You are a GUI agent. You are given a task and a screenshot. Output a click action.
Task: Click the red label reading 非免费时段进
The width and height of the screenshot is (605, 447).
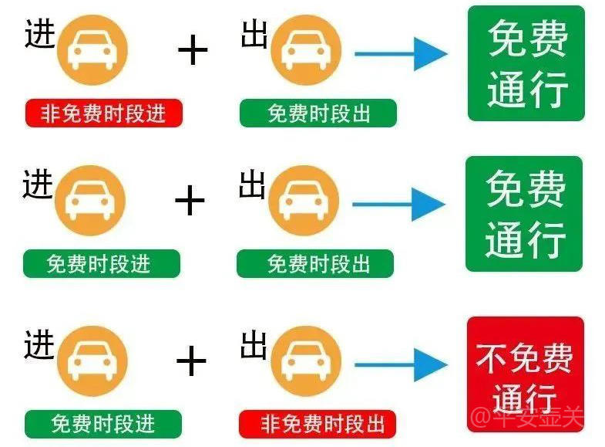click(103, 113)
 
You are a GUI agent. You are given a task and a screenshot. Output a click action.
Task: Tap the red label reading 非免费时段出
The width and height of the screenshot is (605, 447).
click(318, 424)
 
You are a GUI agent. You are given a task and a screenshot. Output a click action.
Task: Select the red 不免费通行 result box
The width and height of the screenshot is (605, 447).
click(525, 374)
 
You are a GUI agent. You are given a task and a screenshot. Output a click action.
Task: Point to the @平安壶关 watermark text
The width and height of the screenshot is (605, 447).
click(527, 416)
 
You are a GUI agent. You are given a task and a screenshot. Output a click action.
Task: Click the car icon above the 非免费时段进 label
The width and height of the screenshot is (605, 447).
click(92, 50)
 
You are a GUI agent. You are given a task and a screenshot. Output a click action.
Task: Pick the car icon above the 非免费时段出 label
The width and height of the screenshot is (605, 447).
click(306, 361)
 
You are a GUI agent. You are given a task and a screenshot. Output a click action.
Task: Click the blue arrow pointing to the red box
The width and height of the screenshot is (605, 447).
click(402, 364)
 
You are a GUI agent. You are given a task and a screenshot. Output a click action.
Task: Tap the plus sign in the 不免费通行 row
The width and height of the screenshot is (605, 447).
click(191, 361)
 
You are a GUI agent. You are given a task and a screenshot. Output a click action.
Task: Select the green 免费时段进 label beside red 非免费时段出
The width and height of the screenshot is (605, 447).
click(103, 424)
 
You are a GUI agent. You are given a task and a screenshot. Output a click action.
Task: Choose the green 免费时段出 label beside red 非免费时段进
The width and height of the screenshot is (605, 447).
click(318, 113)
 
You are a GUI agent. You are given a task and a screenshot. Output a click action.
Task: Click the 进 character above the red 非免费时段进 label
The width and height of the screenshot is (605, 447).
click(40, 34)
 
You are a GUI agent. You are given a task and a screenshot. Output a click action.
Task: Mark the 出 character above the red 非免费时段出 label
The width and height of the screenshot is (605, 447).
click(254, 345)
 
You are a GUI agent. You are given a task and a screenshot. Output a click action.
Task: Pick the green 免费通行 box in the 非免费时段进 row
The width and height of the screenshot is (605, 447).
click(526, 63)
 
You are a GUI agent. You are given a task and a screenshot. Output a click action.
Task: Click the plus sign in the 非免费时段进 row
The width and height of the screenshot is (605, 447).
click(193, 50)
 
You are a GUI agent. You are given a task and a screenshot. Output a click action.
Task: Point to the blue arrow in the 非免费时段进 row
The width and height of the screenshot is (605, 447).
click(402, 54)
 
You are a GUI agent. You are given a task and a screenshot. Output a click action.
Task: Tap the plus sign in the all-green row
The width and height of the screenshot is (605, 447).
click(190, 200)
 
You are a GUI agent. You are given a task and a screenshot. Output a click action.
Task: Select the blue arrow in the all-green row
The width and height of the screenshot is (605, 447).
click(399, 205)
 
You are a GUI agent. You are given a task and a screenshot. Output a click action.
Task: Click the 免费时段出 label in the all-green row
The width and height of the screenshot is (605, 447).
click(315, 263)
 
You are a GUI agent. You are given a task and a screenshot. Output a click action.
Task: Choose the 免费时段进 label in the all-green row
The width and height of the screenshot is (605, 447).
click(102, 263)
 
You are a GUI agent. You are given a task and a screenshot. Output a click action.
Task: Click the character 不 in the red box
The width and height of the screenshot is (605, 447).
click(491, 357)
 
